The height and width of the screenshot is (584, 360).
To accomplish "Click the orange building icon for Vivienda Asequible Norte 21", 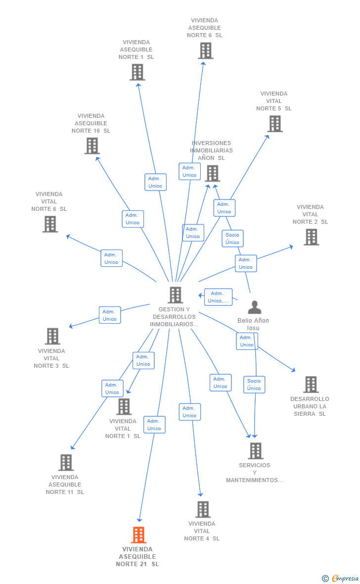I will (138, 535).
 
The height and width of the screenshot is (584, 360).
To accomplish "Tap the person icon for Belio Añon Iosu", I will (254, 307).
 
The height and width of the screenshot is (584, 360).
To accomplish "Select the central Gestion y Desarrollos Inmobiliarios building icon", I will (175, 295).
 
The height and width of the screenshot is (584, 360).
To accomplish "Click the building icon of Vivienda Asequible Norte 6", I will (205, 50).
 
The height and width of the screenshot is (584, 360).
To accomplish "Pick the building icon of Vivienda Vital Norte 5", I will (275, 124).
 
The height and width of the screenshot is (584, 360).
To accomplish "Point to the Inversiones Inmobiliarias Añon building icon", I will (212, 173).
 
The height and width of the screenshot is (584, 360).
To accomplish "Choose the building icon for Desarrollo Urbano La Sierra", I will (311, 385).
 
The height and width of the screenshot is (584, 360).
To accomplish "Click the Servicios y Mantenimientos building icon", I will (255, 451).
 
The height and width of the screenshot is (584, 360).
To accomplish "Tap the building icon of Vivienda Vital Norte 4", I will (203, 509).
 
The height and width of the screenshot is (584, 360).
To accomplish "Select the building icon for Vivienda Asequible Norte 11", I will (66, 462).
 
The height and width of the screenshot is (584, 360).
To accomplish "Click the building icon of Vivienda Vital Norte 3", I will (52, 336).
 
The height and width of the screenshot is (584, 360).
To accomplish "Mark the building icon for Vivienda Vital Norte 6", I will (50, 224).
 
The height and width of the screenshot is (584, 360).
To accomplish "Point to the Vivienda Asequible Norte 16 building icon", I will (92, 146).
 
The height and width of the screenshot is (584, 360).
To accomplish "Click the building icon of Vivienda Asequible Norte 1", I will (137, 72).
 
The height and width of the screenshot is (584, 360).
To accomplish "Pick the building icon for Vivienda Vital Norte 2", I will (311, 237).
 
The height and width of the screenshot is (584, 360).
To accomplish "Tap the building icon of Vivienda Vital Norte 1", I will (124, 407).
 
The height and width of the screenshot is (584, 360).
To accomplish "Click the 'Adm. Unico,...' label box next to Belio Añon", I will (218, 297).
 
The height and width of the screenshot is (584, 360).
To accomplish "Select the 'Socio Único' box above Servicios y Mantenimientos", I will (254, 385).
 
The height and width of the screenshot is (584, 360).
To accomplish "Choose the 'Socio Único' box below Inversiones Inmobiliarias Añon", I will (232, 239).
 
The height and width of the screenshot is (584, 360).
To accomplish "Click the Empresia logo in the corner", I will (341, 578).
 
